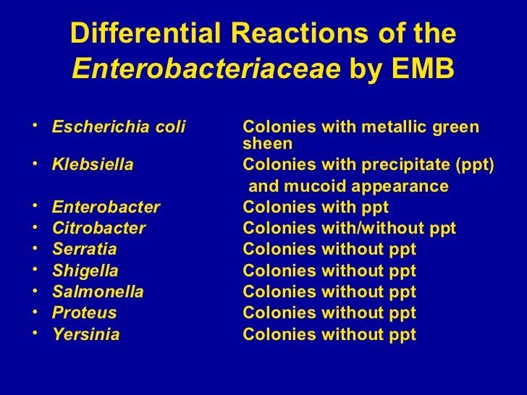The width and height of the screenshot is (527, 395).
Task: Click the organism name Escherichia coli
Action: (119, 128)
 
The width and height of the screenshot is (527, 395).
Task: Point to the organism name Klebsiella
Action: (93, 164)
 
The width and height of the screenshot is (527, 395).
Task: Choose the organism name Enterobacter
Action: (106, 208)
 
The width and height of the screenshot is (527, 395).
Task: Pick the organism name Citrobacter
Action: (98, 229)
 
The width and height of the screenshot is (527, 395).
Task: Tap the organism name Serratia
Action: (84, 250)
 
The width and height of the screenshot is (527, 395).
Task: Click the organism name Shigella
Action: (85, 272)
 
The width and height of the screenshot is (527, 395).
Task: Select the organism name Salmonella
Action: (98, 293)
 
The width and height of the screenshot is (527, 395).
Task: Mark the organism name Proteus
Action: (84, 314)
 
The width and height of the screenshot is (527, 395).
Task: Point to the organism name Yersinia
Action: (86, 336)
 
